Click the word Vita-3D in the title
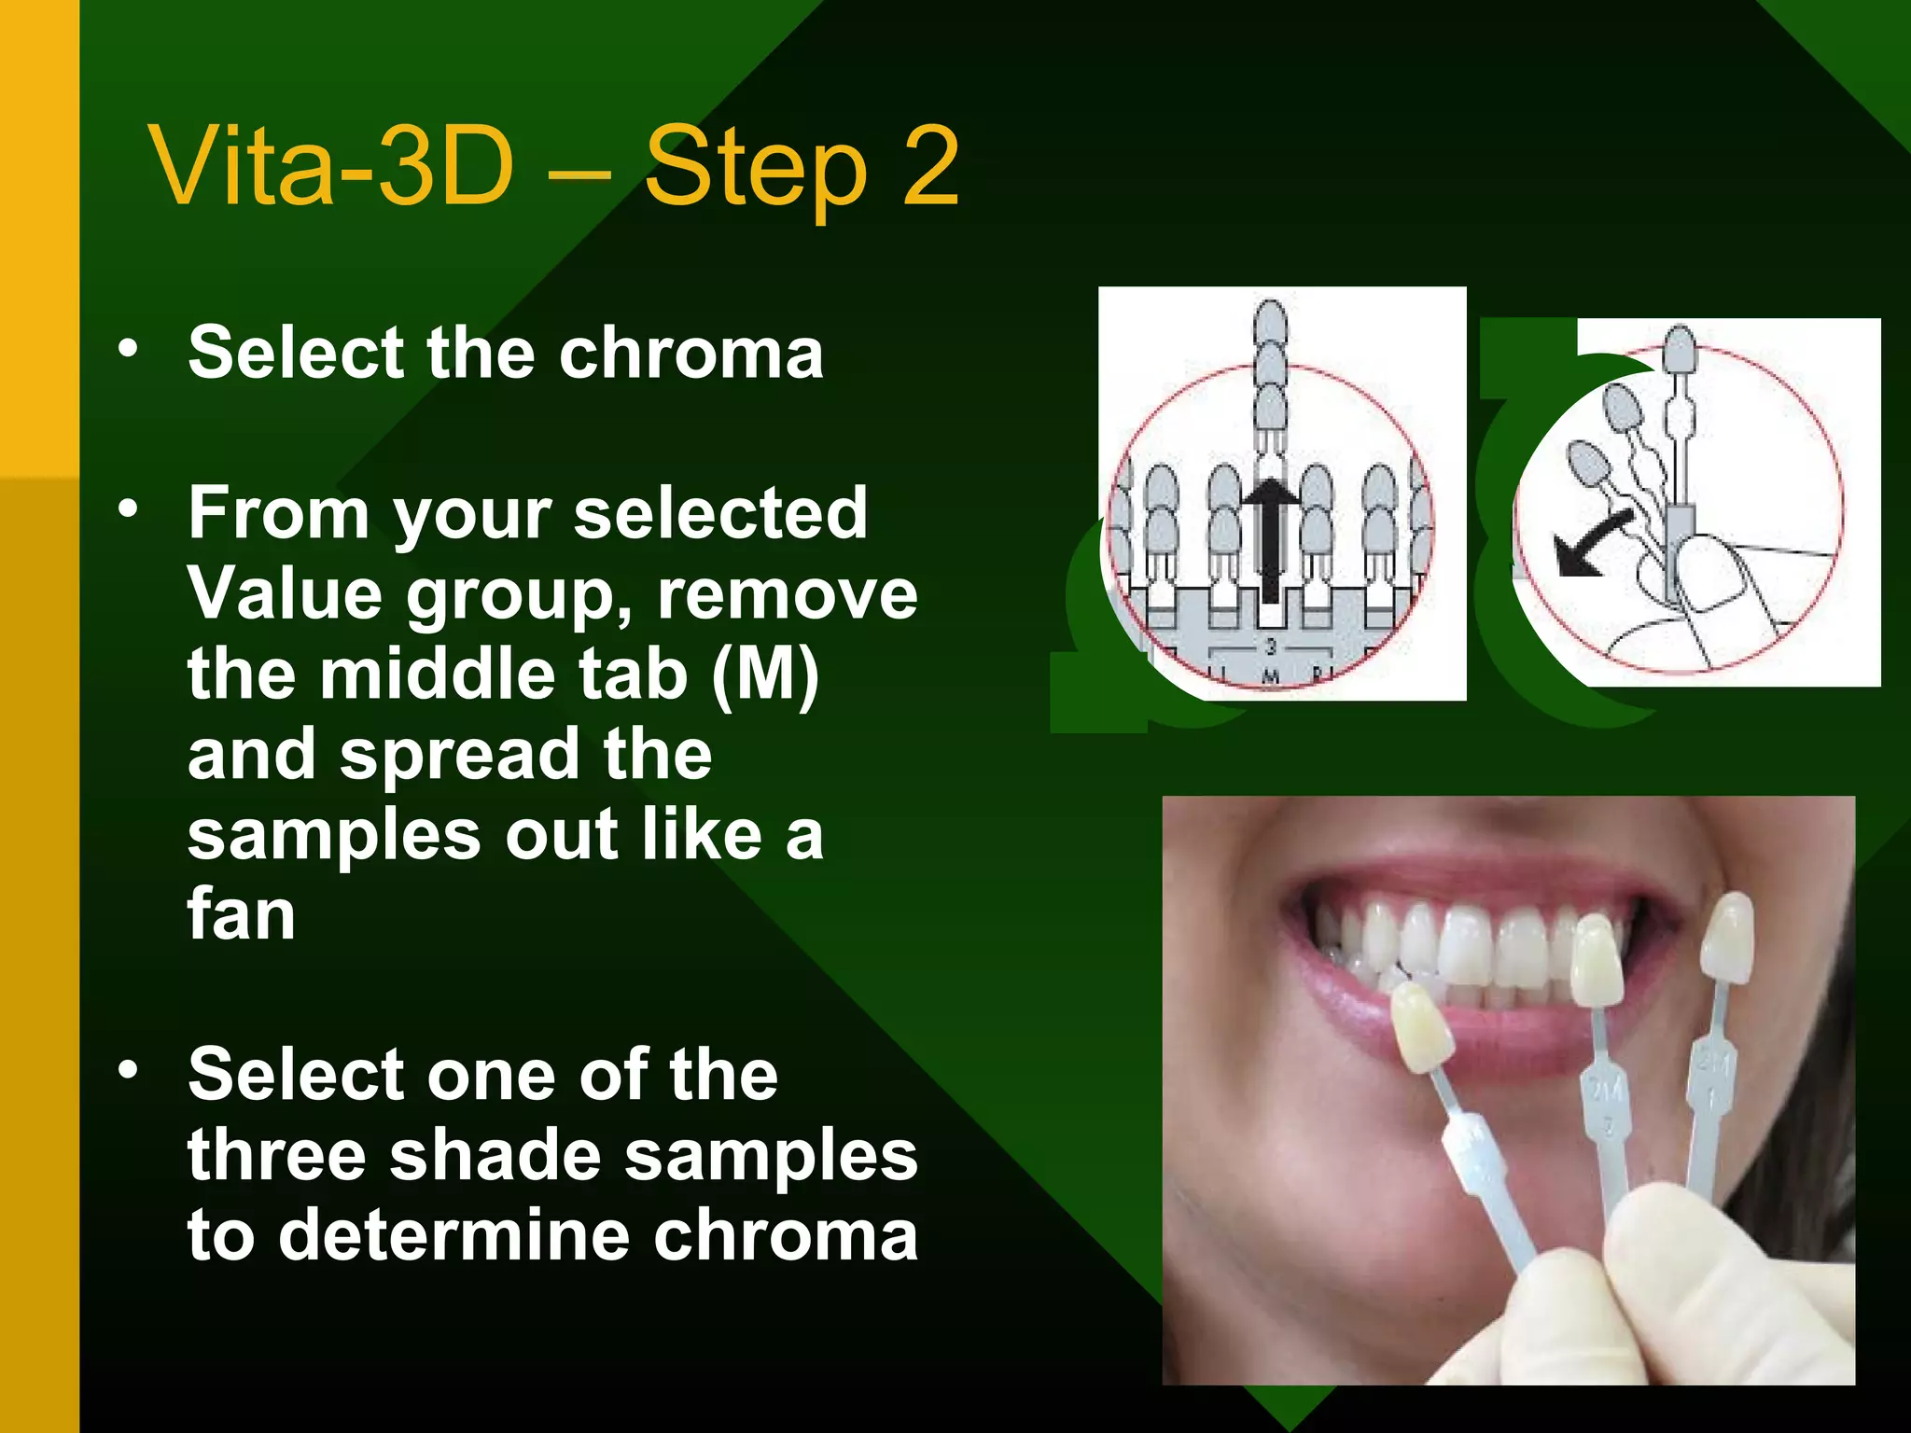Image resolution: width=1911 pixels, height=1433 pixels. tap(331, 168)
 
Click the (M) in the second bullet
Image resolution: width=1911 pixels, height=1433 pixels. tap(765, 674)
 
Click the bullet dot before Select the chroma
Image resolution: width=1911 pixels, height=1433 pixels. tap(128, 349)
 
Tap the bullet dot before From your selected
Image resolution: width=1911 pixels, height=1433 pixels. tap(128, 509)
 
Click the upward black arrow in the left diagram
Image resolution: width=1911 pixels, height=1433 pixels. tap(1269, 541)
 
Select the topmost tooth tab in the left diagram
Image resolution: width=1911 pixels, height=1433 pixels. tap(1270, 322)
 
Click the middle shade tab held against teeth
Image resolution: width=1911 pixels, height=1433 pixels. tap(1597, 961)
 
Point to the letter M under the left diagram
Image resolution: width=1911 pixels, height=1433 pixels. tap(1270, 676)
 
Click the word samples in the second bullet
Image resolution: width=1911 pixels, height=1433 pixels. tap(333, 834)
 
